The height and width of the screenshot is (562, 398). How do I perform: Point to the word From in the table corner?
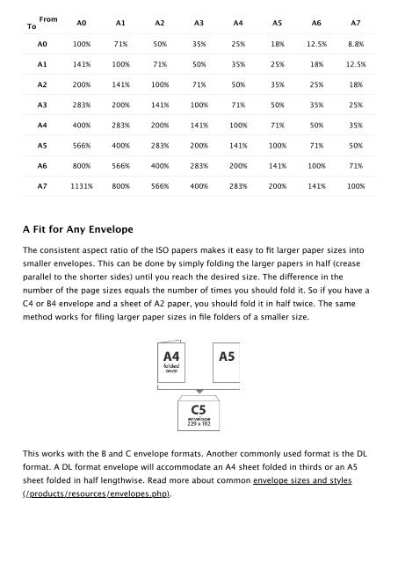tap(49, 15)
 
